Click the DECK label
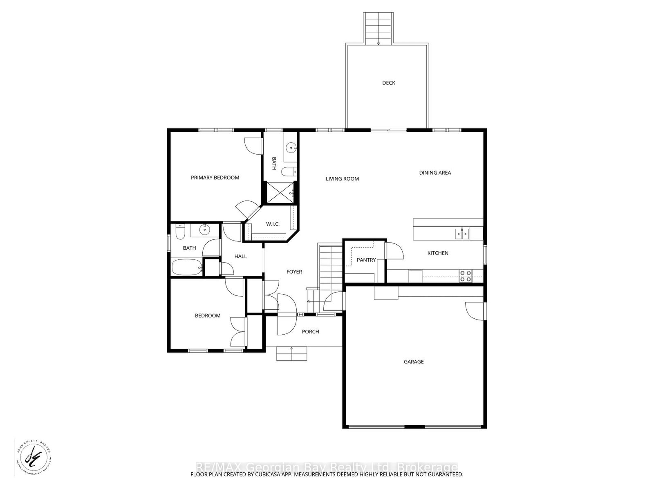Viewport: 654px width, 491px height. pyautogui.click(x=388, y=83)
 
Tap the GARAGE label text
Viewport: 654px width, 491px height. pyautogui.click(x=414, y=362)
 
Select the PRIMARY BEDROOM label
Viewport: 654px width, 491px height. pyautogui.click(x=215, y=178)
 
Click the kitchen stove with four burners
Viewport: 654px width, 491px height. pyautogui.click(x=465, y=276)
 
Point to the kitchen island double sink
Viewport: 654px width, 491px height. pyautogui.click(x=463, y=234)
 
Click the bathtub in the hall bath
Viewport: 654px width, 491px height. pyautogui.click(x=186, y=268)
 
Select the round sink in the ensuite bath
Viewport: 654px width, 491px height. pyautogui.click(x=291, y=147)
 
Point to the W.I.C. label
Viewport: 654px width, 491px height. pyautogui.click(x=273, y=224)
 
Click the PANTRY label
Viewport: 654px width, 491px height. pyautogui.click(x=366, y=260)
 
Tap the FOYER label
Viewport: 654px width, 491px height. pyautogui.click(x=294, y=272)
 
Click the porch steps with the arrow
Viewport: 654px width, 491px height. pyautogui.click(x=291, y=354)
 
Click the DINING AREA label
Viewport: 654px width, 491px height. pyautogui.click(x=435, y=173)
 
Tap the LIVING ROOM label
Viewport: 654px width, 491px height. pyautogui.click(x=342, y=179)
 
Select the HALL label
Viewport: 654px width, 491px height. pyautogui.click(x=240, y=257)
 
